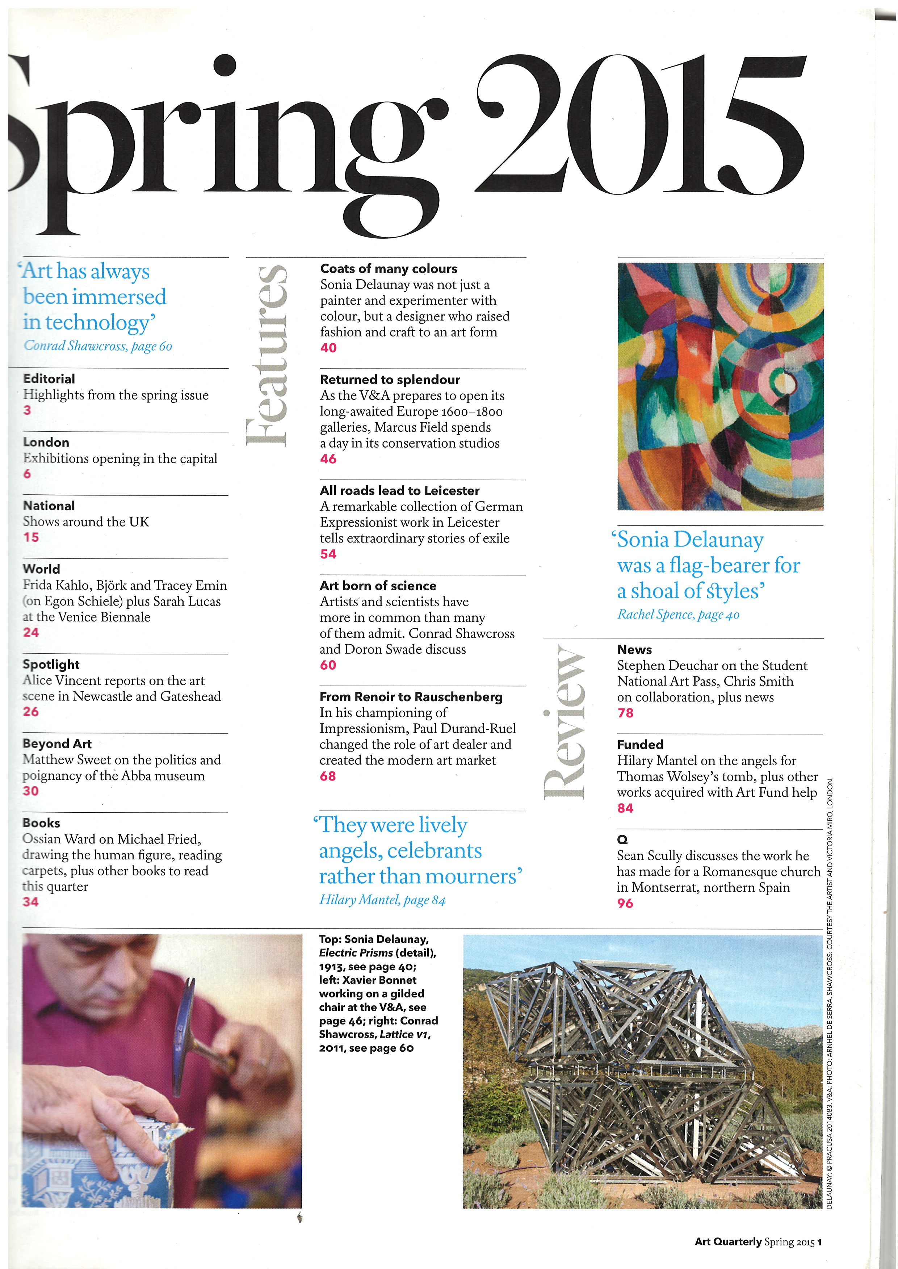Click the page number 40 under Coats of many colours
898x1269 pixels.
pos(328,348)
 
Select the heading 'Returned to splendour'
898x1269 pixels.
pos(390,379)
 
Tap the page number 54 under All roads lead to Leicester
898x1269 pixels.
pos(328,554)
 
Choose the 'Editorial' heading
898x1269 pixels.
pos(49,379)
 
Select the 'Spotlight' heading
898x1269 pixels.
pos(51,665)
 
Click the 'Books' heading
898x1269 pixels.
pos(42,823)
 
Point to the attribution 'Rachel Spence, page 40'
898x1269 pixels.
pos(678,615)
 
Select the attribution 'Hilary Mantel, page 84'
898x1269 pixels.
pos(382,900)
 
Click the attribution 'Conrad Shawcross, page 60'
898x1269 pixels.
pos(98,346)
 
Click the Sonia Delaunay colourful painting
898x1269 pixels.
pos(720,386)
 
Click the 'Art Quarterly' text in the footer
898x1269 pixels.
pos(728,1241)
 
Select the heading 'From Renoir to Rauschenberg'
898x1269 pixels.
pos(411,697)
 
